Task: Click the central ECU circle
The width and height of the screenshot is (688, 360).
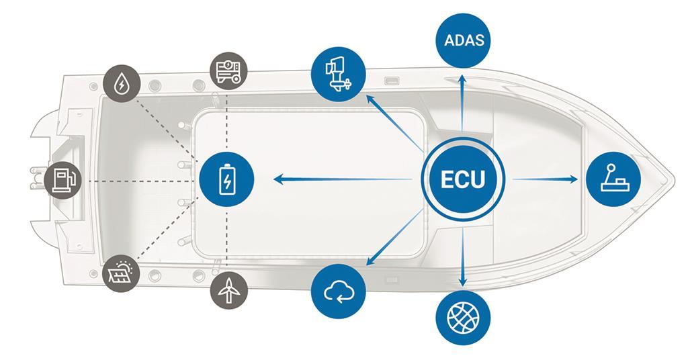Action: [x=462, y=179]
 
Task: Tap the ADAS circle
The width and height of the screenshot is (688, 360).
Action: [x=463, y=40]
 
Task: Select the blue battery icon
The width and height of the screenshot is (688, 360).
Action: [x=227, y=179]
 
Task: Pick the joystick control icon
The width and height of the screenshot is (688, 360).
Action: [x=613, y=179]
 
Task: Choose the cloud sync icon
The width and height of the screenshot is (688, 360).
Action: [x=339, y=291]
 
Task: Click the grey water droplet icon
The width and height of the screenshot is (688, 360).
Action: [x=122, y=84]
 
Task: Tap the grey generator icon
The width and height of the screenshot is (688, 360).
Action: [x=228, y=71]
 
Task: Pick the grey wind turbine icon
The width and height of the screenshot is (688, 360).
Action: [x=228, y=289]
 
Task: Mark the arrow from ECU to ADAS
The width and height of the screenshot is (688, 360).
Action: [x=462, y=104]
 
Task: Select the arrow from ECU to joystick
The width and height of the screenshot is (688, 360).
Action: [x=544, y=179]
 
